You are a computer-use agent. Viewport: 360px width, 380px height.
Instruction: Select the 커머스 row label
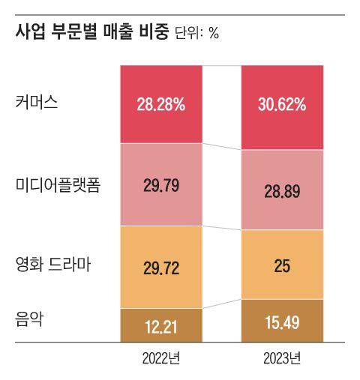click(37, 103)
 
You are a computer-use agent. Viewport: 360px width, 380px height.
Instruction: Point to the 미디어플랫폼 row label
click(58, 184)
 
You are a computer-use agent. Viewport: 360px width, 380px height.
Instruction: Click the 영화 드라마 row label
click(52, 265)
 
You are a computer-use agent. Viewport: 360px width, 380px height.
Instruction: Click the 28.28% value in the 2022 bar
click(160, 105)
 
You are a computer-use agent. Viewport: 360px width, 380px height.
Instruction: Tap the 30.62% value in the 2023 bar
click(282, 105)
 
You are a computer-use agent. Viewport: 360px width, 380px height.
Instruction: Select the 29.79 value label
click(160, 185)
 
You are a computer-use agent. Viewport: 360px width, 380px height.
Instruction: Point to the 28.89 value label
click(282, 192)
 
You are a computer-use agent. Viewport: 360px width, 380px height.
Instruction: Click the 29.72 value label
click(160, 267)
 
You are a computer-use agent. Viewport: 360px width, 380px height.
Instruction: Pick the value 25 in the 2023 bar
click(282, 267)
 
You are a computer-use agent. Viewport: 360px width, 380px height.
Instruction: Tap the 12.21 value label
click(160, 327)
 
